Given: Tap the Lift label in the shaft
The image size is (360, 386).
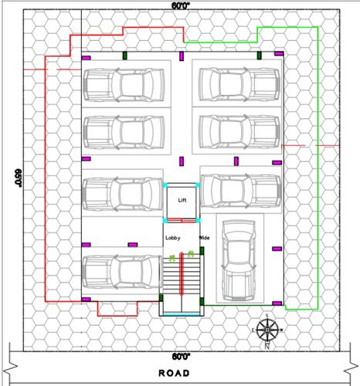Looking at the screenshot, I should click(182, 200).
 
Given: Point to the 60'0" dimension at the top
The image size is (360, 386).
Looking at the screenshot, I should click(182, 6).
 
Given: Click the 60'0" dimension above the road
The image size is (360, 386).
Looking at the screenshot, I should click(181, 357).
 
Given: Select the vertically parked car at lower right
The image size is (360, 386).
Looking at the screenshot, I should click(239, 261).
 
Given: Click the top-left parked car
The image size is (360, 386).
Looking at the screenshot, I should click(124, 83).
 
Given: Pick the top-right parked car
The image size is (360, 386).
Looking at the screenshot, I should click(238, 83).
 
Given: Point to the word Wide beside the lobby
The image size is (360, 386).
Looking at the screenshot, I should click(205, 238).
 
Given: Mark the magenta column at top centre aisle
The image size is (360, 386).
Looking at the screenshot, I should click(182, 55).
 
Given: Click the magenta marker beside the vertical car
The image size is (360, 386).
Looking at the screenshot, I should click(277, 249).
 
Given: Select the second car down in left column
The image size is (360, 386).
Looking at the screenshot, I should click(124, 130).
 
